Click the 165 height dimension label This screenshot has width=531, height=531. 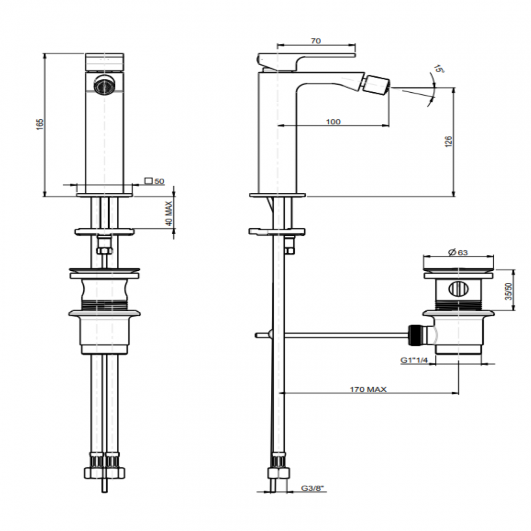coord(40,125)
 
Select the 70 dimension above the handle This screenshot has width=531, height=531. coord(316,40)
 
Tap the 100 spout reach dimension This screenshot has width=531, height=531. coord(333,122)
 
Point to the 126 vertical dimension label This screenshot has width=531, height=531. coord(448,141)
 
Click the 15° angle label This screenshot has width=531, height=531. coord(439,69)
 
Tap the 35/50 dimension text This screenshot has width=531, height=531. coord(508,291)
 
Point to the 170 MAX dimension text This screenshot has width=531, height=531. coord(368,389)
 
